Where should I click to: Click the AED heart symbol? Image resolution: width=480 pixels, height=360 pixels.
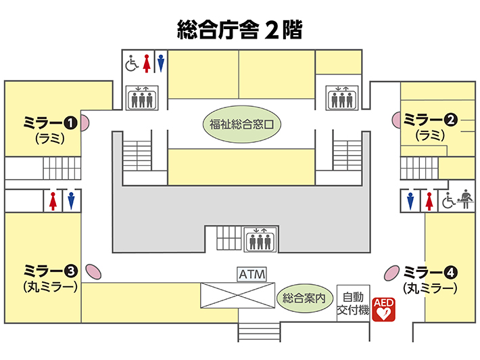(383, 309)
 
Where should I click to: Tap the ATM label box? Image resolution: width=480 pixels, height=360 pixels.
(252, 274)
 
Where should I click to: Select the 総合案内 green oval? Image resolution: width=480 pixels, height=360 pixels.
(304, 298)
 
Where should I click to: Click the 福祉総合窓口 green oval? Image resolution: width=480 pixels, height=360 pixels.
(242, 125)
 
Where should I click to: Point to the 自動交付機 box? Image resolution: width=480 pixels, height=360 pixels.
(354, 303)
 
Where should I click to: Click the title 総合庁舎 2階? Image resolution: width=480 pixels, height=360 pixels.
(240, 30)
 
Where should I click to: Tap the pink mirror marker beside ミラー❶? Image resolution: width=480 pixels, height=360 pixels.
(85, 122)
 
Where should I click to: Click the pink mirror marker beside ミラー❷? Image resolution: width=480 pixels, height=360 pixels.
(396, 120)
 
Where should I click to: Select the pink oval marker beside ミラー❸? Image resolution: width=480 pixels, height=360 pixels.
(93, 272)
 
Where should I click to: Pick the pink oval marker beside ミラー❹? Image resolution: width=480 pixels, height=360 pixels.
(392, 273)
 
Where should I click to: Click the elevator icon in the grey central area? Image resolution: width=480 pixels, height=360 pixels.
(260, 240)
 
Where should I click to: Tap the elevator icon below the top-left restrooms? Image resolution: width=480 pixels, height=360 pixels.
(142, 97)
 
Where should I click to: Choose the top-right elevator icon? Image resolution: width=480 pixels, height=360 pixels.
(342, 97)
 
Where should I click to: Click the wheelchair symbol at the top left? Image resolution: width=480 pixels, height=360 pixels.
(132, 63)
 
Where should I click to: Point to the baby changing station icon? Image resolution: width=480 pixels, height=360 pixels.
(465, 199)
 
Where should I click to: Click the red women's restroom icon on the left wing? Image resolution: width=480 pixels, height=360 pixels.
(53, 201)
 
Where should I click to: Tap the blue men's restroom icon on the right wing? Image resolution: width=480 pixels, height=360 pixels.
(410, 201)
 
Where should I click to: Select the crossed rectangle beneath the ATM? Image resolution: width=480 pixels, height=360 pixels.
(237, 295)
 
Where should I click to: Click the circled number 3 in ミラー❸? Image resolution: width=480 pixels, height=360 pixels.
(71, 271)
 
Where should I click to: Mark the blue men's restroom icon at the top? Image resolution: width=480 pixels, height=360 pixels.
(161, 63)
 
